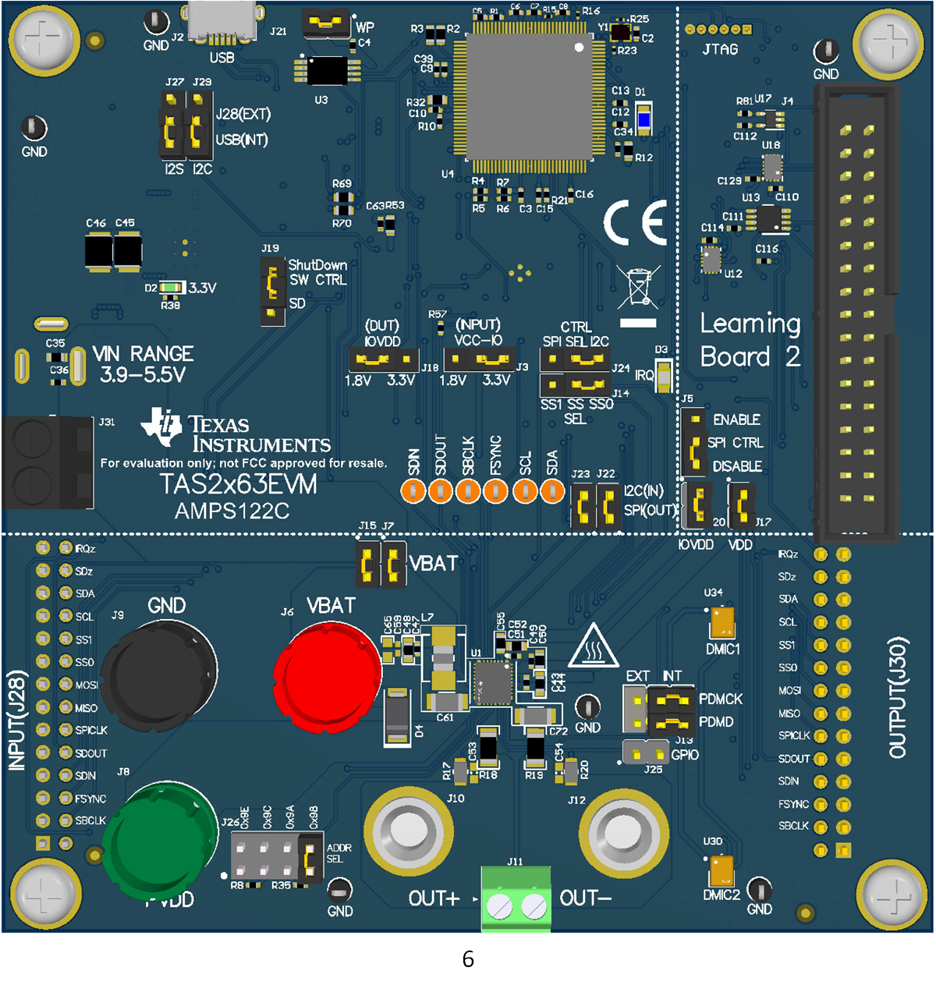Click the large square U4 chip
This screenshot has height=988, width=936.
click(x=530, y=97)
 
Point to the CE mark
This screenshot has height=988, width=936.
click(x=635, y=222)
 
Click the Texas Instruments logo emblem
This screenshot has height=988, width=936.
click(x=161, y=426)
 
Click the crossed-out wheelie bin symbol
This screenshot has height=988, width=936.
click(x=638, y=288)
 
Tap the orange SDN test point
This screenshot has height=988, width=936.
click(x=413, y=491)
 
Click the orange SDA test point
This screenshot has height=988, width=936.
click(x=552, y=491)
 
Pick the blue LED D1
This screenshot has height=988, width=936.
click(x=643, y=120)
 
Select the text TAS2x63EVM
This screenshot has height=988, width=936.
click(x=238, y=484)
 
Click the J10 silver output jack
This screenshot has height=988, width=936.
click(x=407, y=831)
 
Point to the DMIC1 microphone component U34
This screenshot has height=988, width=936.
click(x=722, y=622)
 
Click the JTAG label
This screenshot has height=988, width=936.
click(x=720, y=49)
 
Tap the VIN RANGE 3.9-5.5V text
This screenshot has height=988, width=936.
click(x=143, y=364)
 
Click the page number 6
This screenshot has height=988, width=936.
click(x=468, y=959)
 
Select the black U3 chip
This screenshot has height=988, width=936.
click(x=328, y=71)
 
